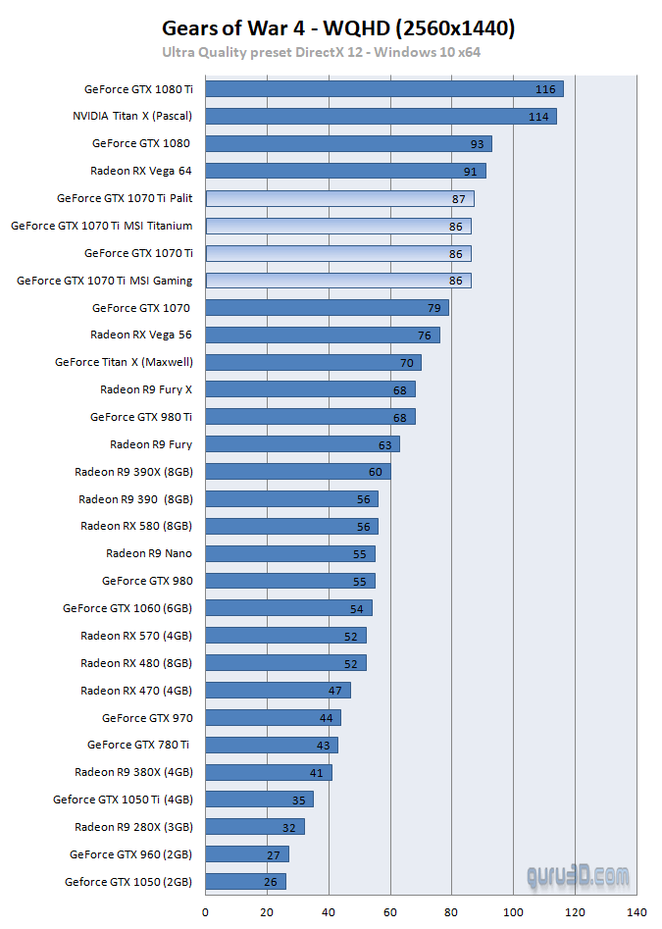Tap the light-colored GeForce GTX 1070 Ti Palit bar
point(339,198)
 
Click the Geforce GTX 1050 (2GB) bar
point(245,882)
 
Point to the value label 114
point(538,117)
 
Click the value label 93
point(478,144)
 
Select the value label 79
point(434,308)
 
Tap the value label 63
point(385,445)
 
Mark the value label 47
point(335,691)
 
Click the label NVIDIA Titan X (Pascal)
point(132,116)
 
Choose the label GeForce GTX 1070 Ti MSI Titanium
point(102,226)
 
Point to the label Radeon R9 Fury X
point(146,389)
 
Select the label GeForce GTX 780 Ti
point(139,745)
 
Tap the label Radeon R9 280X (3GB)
point(133,826)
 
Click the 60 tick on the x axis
point(390,912)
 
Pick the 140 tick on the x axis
point(637,912)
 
